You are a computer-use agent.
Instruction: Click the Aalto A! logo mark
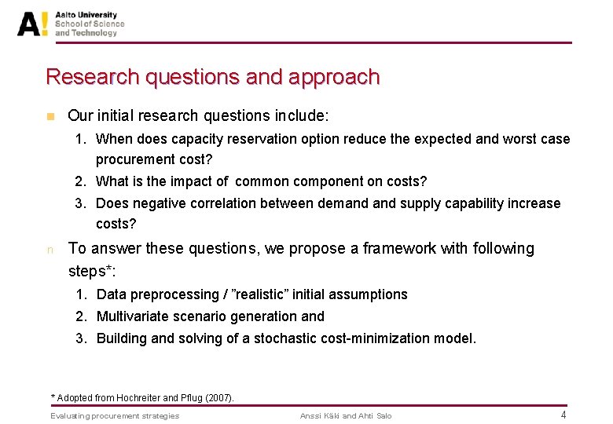coord(33,24)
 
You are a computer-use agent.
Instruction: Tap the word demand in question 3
coord(342,203)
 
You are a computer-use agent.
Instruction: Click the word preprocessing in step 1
coord(165,294)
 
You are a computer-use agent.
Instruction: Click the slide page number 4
coord(563,415)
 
